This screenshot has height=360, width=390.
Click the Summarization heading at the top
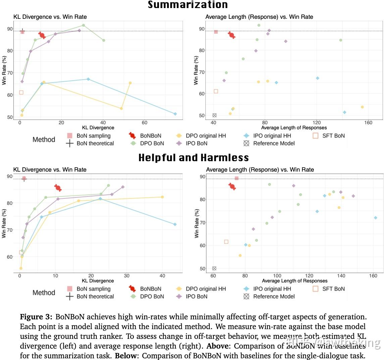188,5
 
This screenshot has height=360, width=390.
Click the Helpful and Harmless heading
194,157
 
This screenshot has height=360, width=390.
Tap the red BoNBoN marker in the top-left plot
42,35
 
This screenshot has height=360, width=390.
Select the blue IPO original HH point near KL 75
175,114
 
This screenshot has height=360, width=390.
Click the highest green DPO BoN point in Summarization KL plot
84,25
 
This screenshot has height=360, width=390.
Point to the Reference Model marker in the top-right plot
214,115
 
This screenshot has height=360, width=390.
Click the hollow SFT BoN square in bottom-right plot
226,242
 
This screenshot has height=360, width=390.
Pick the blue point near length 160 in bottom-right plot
376,218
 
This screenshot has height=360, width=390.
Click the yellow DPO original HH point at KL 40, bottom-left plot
162,197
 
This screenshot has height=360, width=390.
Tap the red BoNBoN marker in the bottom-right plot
232,186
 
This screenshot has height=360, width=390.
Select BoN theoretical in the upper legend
95,143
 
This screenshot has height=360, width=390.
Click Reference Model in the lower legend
274,297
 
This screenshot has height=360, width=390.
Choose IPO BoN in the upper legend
196,143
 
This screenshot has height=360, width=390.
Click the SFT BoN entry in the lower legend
333,289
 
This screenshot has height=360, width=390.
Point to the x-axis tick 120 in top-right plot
316,123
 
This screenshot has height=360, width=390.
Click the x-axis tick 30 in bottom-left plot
127,276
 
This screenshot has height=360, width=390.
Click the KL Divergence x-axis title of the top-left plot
98,128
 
